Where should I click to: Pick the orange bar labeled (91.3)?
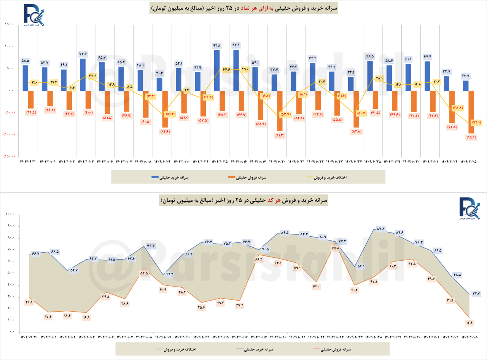coord(280,111)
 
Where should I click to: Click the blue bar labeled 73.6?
coord(83,75)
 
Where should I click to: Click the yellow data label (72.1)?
coord(476,123)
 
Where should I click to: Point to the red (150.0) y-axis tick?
coord(8,156)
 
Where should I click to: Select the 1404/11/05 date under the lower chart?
coord(469,337)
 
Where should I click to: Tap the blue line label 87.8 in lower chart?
coord(380,229)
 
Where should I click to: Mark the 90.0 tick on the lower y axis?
coord(10,226)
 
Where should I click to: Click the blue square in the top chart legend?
coord(155,177)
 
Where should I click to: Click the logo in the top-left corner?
coord(33,15)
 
